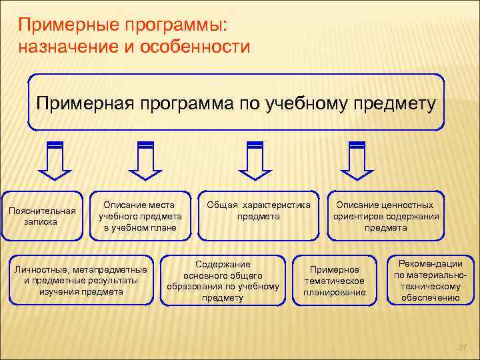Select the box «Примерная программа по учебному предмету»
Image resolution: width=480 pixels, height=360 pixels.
[236, 103]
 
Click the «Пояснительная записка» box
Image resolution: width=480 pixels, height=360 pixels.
[42, 216]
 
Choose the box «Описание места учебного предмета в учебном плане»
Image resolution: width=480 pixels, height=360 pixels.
[140, 216]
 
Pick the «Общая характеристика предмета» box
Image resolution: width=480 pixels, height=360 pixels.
[259, 216]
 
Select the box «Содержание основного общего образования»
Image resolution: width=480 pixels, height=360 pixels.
[223, 280]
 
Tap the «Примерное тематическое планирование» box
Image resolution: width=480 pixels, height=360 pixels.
[335, 280]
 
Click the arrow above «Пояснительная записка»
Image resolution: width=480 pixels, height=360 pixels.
[56, 160]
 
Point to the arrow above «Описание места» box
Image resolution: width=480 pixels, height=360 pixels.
[146, 160]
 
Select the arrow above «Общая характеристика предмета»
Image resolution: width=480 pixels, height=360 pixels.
[255, 160]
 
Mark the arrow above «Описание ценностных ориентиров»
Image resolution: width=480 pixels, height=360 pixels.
[357, 160]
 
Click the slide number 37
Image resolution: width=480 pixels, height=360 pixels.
[461, 347]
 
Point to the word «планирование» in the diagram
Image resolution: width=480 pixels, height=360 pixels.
[335, 292]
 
